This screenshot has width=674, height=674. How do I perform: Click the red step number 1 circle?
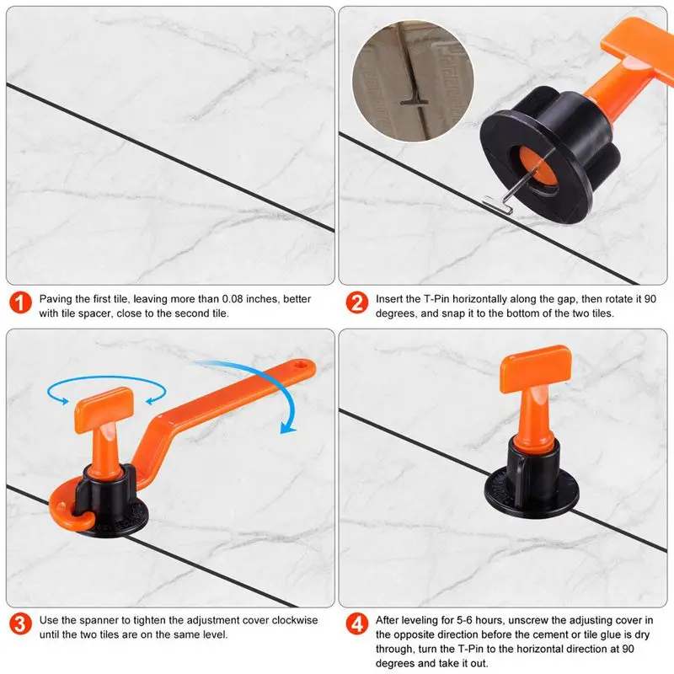20,302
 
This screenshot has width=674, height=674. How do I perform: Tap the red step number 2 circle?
356,302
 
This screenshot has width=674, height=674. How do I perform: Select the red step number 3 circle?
20,623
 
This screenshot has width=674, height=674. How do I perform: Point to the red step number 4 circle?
356,623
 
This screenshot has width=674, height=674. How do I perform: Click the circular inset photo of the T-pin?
413,81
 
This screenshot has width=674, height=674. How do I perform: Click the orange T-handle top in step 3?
104,409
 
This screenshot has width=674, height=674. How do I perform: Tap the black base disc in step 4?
532,493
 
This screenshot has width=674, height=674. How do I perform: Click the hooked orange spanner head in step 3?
72,506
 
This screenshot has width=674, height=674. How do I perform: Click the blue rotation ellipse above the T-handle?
106,377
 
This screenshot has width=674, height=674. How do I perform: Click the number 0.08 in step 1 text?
233,299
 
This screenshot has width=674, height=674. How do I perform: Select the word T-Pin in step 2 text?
437,299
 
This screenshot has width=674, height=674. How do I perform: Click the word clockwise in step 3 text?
295,620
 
